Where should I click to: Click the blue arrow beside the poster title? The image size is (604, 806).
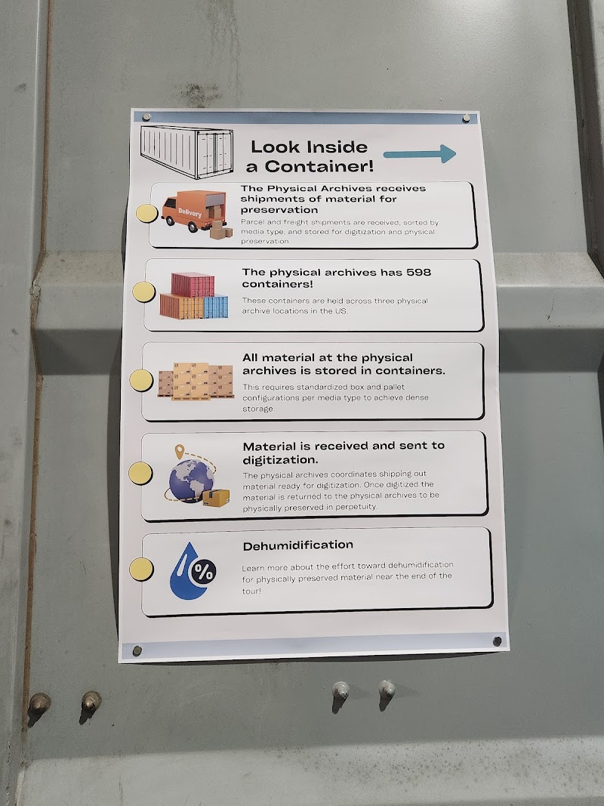[x=420, y=153]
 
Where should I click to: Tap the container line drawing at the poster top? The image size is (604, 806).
[x=187, y=152]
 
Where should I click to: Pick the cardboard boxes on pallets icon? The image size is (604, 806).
[x=196, y=381]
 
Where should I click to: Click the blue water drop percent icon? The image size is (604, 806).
[x=192, y=571]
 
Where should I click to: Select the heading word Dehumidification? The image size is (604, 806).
[x=298, y=545]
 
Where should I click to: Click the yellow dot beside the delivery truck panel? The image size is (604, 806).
[x=146, y=213]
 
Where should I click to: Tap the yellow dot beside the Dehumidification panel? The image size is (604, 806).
[x=141, y=569]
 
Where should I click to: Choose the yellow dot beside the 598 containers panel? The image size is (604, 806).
[x=143, y=292]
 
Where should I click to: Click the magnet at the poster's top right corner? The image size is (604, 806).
[x=466, y=119]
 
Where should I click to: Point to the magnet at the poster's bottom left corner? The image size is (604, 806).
[x=137, y=650]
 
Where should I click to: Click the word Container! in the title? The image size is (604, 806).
[x=319, y=166]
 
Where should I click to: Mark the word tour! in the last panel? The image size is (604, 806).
[x=251, y=591]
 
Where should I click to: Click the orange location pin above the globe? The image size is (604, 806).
[x=179, y=451]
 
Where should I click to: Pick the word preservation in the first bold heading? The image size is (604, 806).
[x=279, y=210]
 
